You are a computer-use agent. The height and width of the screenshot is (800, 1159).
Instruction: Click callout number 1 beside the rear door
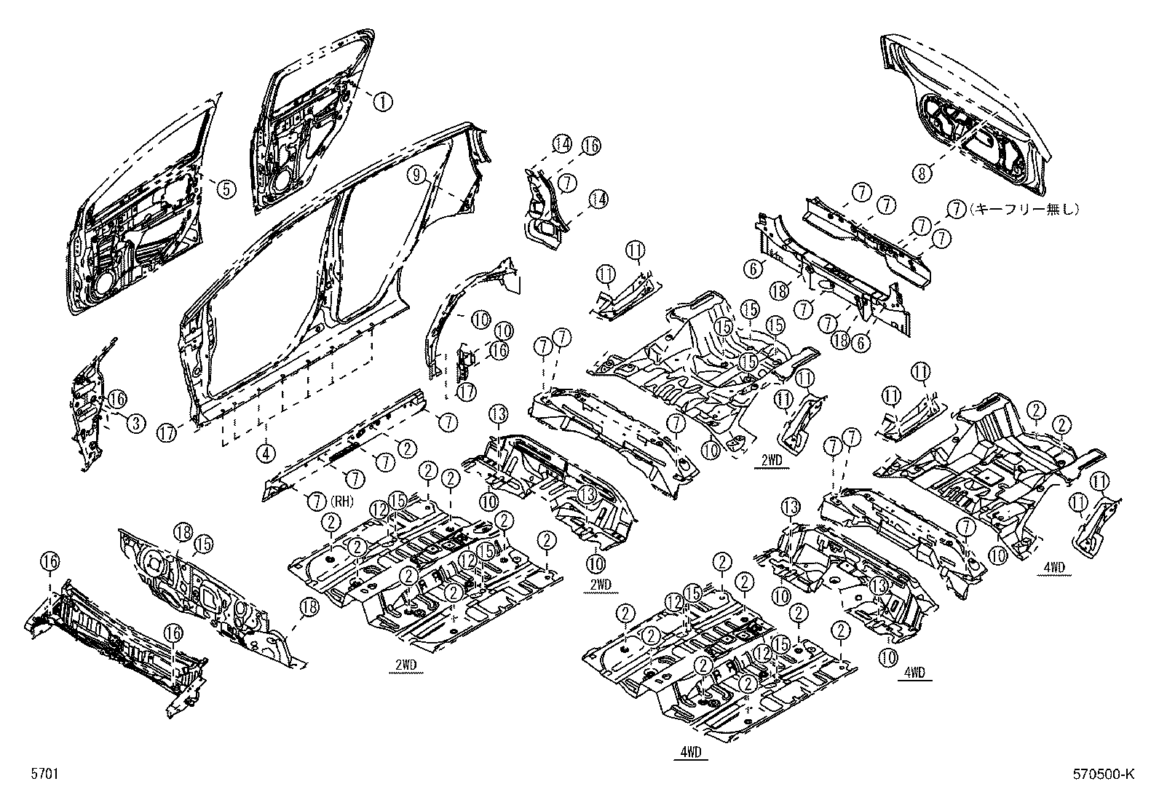384,101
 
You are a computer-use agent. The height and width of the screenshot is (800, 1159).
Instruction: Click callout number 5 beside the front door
226,189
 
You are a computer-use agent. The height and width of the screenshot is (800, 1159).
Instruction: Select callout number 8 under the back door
923,173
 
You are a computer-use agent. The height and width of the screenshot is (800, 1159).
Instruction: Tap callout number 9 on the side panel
416,174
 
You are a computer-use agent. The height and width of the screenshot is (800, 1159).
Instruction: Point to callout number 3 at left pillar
135,423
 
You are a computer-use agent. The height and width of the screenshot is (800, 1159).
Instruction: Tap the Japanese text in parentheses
1024,209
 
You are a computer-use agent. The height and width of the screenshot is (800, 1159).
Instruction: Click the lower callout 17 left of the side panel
167,434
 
